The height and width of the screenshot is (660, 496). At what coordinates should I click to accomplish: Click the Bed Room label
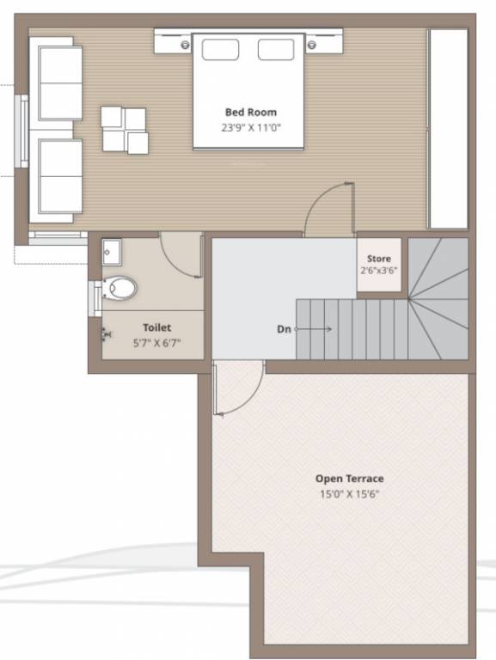point(251,112)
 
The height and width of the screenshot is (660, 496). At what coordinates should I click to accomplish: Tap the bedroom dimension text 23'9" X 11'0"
point(251,127)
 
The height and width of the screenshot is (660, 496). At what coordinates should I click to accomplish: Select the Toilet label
point(156,327)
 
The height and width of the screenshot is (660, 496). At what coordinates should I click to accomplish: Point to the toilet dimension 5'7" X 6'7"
point(156,342)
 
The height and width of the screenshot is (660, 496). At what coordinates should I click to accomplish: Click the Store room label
point(378,259)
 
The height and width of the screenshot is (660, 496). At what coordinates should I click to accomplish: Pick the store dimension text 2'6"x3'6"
point(378,270)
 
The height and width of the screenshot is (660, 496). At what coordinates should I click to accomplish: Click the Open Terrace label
point(349,479)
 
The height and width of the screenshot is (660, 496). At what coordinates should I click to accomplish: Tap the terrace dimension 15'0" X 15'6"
point(349,494)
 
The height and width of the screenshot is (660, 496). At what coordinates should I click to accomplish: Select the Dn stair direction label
point(284,328)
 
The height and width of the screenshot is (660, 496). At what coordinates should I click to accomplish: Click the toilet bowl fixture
point(119,288)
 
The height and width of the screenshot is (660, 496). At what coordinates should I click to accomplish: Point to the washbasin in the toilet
point(112,252)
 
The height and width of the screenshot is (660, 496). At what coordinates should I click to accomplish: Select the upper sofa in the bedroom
point(58,83)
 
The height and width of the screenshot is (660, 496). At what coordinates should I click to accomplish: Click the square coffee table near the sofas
point(124,130)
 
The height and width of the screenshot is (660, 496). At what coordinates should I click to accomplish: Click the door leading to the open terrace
point(238,388)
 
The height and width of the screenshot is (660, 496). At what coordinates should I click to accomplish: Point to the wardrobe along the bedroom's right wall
point(447,129)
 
